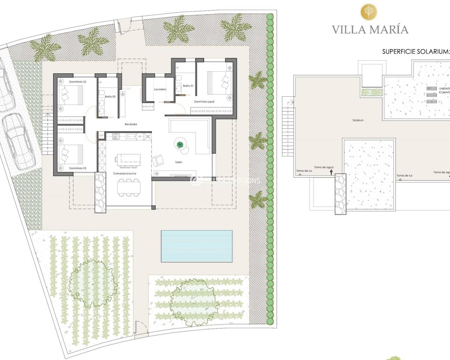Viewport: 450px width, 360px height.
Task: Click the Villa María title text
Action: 370,30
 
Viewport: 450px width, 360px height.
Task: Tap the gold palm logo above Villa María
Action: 370,11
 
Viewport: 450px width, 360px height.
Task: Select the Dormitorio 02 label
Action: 78,82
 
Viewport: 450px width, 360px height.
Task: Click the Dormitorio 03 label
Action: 78,168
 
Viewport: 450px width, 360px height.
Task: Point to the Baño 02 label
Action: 110,96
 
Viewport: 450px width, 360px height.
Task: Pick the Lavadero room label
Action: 160,89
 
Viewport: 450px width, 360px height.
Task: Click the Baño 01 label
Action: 188,85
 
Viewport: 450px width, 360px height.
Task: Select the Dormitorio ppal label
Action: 204,102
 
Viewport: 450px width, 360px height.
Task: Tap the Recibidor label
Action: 131,124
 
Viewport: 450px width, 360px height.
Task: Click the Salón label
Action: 179,162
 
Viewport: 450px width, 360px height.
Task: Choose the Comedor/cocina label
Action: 124,174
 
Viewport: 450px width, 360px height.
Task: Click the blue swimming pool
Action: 197,246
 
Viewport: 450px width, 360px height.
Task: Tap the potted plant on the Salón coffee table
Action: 180,144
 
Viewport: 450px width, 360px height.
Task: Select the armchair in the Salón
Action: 158,161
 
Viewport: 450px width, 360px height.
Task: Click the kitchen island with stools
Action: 127,160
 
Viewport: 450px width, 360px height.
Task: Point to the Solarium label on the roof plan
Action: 358,120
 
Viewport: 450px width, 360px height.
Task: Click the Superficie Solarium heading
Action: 416,52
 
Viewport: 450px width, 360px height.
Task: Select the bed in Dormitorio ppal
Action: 217,83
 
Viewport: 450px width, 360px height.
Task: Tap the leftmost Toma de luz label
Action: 304,171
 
